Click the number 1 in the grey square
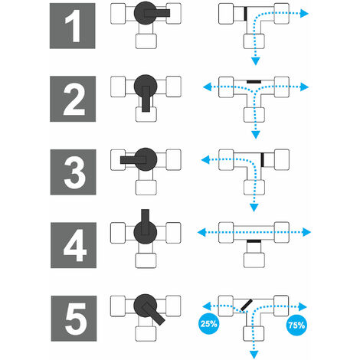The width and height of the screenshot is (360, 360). pos(74,26)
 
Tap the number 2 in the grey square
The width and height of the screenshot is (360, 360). pos(74,99)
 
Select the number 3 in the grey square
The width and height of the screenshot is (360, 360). pos(74,172)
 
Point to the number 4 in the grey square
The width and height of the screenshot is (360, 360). pos(75,245)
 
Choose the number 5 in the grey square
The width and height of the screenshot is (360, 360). pos(75,319)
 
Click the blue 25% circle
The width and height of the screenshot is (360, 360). pos(208,324)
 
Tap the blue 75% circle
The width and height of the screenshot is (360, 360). pos(296,325)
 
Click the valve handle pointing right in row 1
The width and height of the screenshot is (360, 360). pos(157,13)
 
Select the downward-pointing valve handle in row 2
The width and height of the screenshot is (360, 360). pos(146,99)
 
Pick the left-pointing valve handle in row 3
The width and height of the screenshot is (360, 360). pos(133,160)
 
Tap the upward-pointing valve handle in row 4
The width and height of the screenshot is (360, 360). pos(145,222)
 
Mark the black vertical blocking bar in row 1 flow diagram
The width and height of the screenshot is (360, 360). pos(245,14)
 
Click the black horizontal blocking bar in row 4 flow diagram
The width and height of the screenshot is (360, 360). pos(254,241)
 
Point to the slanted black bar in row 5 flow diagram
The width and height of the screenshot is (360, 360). pos(247,305)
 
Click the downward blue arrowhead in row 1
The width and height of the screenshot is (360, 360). pos(256,61)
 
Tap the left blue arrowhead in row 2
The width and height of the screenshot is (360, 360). pos(207,87)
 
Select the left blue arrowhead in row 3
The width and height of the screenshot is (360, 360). pos(205,160)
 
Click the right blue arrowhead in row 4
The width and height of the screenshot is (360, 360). pos(306,232)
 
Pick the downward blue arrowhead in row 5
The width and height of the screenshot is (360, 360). pos(254,355)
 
